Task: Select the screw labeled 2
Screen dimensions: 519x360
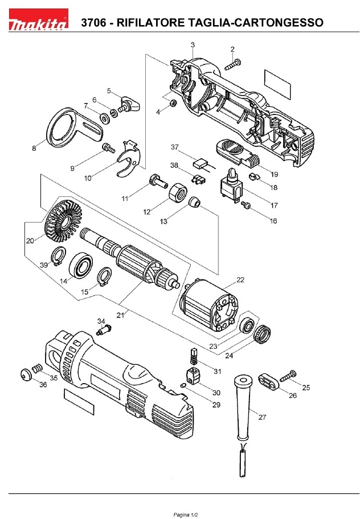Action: pos(234,65)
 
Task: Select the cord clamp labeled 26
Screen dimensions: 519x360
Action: pos(269,382)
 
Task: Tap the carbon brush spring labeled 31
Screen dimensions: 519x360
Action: pos(193,357)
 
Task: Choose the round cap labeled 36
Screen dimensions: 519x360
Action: pos(26,376)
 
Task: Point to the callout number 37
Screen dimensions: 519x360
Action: pos(175,147)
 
